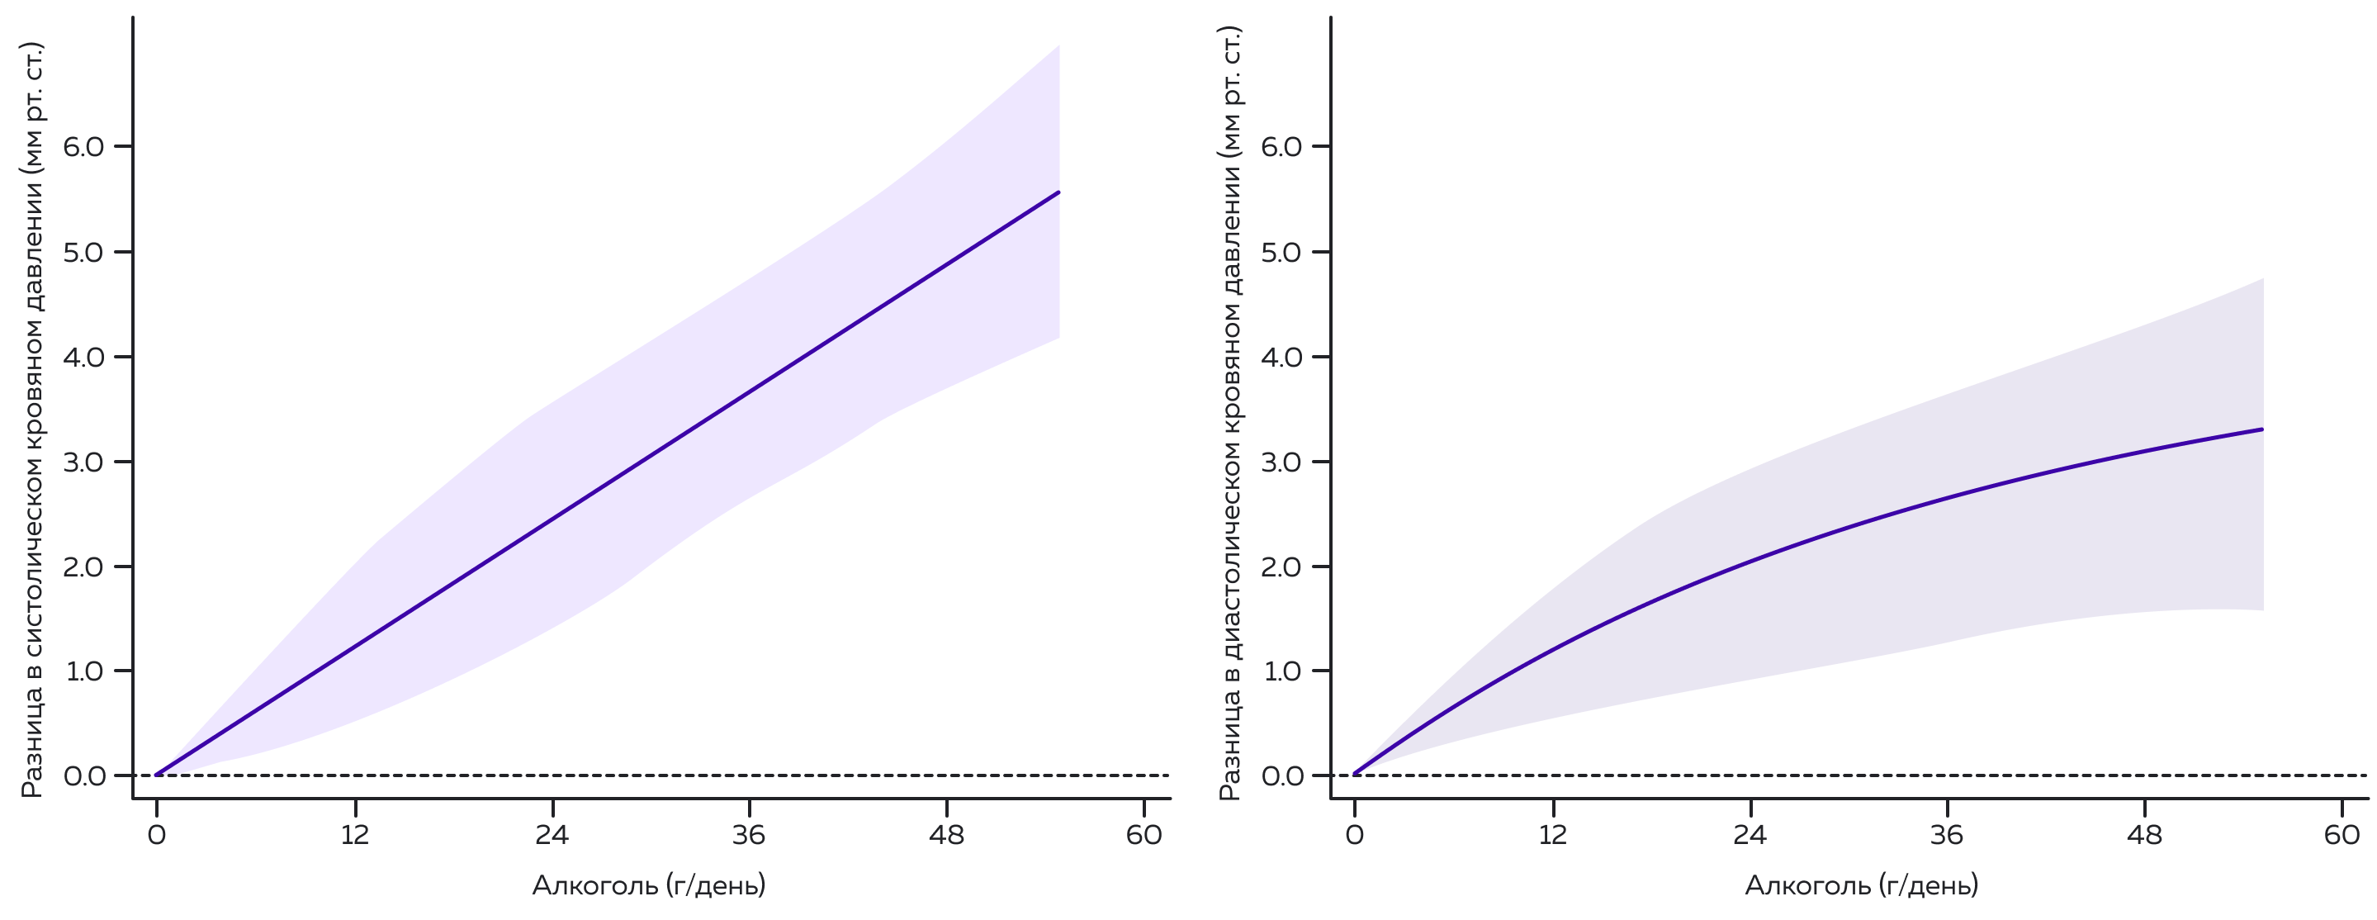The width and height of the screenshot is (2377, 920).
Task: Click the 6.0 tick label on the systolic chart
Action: coord(84,147)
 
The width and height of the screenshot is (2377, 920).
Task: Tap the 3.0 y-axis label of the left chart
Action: coord(84,462)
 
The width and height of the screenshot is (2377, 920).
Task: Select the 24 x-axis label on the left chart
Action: coord(552,835)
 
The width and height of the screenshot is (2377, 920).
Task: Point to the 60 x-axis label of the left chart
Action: coord(1144,835)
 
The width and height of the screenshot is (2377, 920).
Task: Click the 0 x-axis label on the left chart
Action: coord(157,835)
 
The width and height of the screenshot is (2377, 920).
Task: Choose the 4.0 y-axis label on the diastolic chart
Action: coord(1281,357)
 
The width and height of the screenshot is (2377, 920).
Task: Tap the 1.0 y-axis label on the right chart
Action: coord(1281,671)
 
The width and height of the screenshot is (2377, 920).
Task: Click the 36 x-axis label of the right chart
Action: coord(1947,835)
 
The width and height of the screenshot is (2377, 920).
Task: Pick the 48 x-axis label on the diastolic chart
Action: coord(2144,835)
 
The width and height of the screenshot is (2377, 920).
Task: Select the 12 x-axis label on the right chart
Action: coord(1553,835)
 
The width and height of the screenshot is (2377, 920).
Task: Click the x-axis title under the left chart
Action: coord(649,886)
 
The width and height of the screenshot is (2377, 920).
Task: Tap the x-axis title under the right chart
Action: coord(1862,886)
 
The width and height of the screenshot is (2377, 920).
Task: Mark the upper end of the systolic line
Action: coord(1058,193)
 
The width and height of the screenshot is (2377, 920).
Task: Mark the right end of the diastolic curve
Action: coord(2261,429)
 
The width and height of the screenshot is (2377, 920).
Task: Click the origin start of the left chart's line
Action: coord(158,774)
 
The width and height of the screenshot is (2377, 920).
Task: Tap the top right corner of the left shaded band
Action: coord(1058,46)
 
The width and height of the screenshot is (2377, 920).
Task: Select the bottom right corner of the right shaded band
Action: coord(2262,609)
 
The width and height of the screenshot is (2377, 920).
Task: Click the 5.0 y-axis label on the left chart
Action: coord(84,252)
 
